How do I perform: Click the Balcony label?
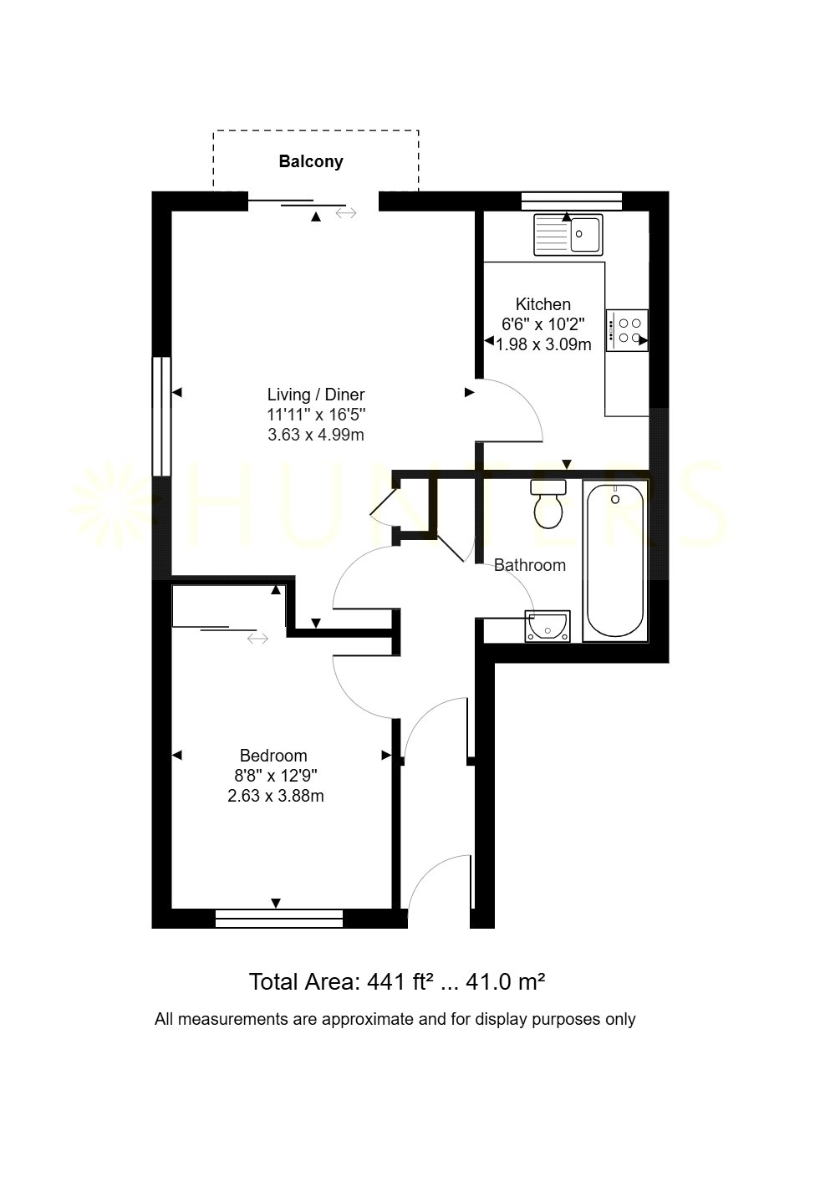point(311,161)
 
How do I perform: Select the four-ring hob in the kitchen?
point(626,330)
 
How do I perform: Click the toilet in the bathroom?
point(548,503)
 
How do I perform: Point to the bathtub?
point(614,560)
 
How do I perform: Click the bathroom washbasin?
point(547,626)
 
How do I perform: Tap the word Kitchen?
point(542,304)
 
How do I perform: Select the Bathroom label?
point(529,565)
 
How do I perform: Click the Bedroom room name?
point(273,756)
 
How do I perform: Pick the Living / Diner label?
point(316,395)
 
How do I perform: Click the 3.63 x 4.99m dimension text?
point(316,435)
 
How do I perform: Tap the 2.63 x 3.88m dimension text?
point(276,796)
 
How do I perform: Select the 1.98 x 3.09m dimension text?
point(543,345)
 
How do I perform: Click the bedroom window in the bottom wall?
point(279,919)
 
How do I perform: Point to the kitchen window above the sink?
point(572,201)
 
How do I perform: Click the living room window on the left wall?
point(162,416)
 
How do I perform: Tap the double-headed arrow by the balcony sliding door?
point(346,213)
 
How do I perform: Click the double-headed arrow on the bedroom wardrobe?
point(258,638)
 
